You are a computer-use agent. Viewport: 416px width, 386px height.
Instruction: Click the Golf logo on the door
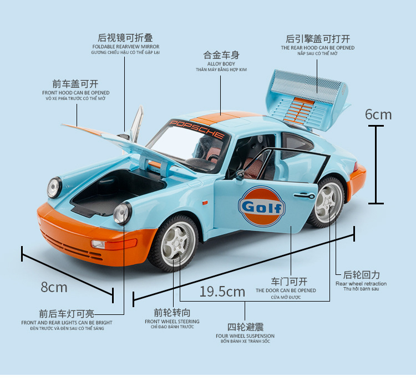pyautogui.click(x=262, y=207)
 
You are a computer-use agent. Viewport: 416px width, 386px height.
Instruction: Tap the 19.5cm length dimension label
pyautogui.click(x=222, y=291)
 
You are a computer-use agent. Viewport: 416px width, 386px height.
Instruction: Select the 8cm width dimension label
pyautogui.click(x=54, y=287)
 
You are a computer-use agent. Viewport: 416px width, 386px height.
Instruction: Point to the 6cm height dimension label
pyautogui.click(x=378, y=114)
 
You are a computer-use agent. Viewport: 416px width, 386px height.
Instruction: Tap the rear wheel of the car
pyautogui.click(x=326, y=202)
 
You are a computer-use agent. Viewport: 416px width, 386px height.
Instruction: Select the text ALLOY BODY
pyautogui.click(x=221, y=64)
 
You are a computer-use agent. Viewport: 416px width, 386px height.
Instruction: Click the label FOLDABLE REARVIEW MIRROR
pyautogui.click(x=125, y=47)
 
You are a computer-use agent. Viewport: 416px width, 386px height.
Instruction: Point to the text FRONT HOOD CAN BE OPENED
pyautogui.click(x=75, y=93)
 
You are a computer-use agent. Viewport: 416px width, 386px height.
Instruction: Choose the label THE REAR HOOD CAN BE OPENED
pyautogui.click(x=317, y=48)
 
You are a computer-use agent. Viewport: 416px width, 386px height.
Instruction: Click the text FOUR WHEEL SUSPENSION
pyautogui.click(x=245, y=336)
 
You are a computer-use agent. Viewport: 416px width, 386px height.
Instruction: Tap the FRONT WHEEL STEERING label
pyautogui.click(x=172, y=322)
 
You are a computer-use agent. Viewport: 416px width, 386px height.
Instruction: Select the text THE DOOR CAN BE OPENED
pyautogui.click(x=286, y=290)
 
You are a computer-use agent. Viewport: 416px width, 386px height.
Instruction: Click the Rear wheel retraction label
pyautogui.click(x=361, y=284)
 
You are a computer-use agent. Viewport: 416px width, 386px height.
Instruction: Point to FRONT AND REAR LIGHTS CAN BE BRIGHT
pyautogui.click(x=67, y=323)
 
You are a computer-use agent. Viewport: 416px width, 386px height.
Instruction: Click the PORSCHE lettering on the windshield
pyautogui.click(x=197, y=128)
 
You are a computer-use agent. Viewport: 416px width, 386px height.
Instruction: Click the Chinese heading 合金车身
pyautogui.click(x=221, y=55)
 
